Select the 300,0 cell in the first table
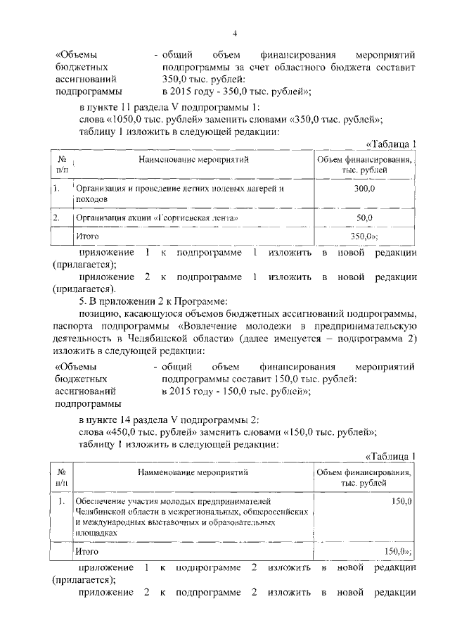tap(365, 189)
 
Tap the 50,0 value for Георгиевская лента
tap(365, 219)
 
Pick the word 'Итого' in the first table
tap(87, 237)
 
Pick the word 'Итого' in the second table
tap(87, 552)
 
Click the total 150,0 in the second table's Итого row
tap(397, 552)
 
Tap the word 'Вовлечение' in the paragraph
tap(214, 327)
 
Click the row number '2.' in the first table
tap(56, 219)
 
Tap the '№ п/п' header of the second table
tap(61, 478)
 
